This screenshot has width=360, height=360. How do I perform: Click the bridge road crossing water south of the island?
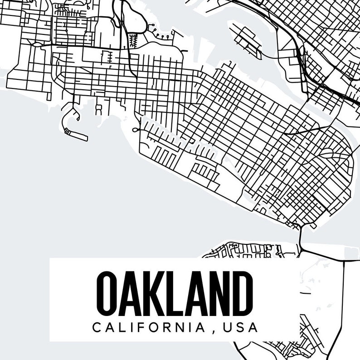click(300, 235)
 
